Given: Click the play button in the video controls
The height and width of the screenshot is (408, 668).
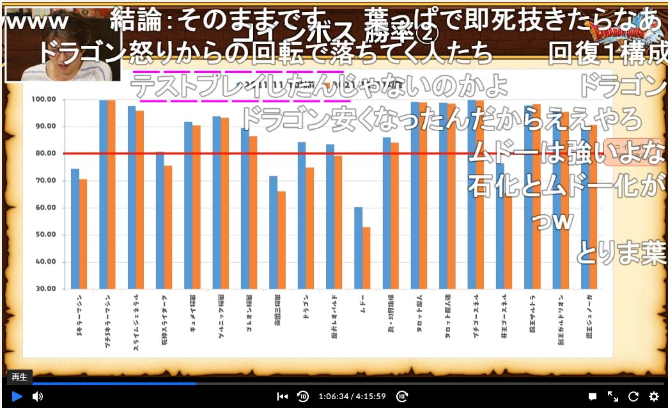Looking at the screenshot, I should click(17, 396).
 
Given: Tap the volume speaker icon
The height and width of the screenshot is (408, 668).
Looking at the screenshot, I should click(38, 396).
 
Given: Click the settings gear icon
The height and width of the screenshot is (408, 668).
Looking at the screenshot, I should click(654, 396).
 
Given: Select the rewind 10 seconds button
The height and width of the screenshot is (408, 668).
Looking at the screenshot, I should click(303, 396).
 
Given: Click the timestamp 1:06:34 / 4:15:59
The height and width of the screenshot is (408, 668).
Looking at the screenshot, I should click(352, 396).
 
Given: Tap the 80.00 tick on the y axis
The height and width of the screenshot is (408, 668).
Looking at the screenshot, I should click(45, 153).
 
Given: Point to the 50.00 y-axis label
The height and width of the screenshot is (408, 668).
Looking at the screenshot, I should click(45, 235).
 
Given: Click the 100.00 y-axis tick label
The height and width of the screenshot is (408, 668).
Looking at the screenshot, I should click(43, 100).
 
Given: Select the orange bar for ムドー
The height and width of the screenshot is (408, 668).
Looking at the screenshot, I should click(366, 257).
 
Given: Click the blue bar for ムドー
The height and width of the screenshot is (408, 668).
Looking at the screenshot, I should click(359, 247).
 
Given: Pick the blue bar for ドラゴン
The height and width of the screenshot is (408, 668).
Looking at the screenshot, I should click(302, 215).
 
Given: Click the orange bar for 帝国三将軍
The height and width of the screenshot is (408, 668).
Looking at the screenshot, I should click(281, 239).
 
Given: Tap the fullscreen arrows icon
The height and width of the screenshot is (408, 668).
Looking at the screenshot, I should click(612, 396).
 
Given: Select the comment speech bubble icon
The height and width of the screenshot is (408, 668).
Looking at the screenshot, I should click(593, 396).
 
